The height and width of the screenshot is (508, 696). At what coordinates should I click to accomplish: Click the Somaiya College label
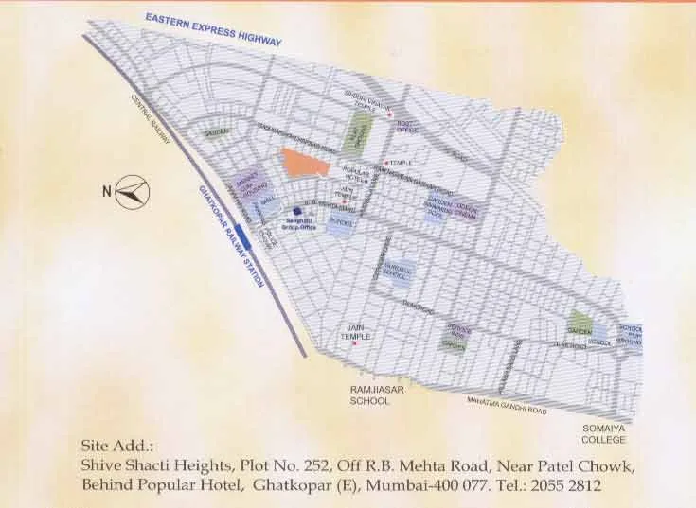coord(604,434)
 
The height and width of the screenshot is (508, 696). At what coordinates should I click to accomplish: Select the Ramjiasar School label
coord(370,394)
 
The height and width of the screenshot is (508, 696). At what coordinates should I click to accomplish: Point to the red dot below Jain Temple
coord(354,343)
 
